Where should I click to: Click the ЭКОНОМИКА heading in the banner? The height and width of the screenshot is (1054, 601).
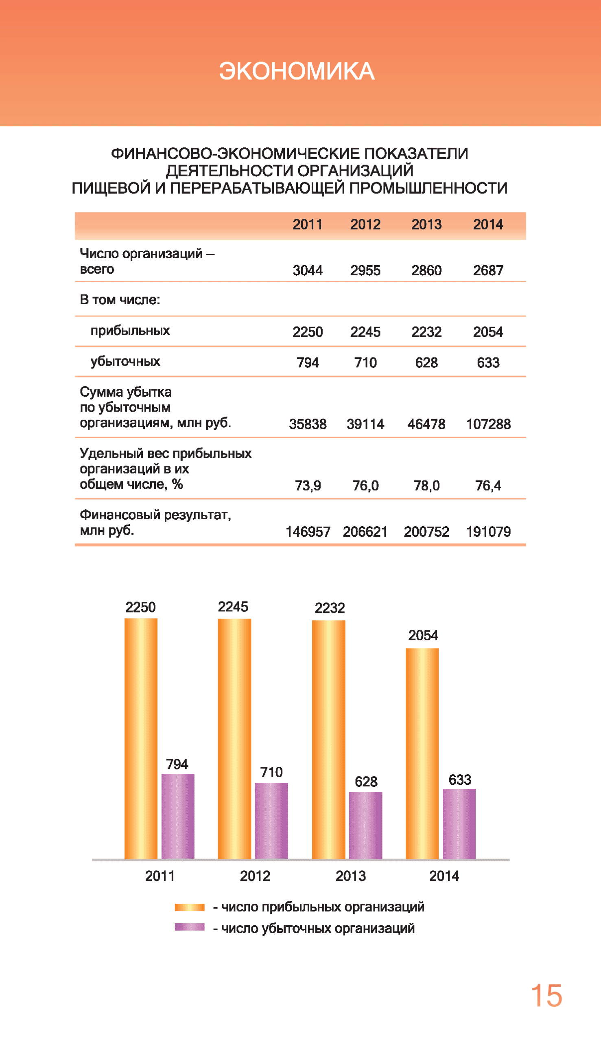tap(296, 71)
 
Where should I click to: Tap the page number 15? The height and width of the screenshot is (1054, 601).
tap(546, 996)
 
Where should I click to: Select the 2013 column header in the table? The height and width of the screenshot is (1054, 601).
tap(426, 224)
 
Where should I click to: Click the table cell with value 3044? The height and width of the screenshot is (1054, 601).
tap(308, 270)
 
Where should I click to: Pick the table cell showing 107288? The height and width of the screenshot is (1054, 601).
tap(488, 424)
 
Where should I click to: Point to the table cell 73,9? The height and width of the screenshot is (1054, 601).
tap(308, 486)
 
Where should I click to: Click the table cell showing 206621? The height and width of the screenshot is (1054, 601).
tap(365, 531)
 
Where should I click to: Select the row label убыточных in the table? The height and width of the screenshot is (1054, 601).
tap(125, 361)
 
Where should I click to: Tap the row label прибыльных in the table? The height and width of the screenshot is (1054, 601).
tap(130, 330)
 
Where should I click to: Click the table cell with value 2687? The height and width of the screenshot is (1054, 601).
tap(488, 270)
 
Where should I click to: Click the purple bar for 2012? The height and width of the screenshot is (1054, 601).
tap(271, 821)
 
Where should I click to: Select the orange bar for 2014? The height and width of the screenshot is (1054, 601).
tap(422, 754)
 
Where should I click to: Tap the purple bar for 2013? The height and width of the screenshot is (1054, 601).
tap(365, 825)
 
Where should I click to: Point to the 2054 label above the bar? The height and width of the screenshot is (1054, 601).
tap(423, 635)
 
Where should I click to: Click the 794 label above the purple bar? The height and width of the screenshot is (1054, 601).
tap(177, 764)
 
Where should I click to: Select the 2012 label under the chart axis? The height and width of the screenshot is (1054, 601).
tap(255, 876)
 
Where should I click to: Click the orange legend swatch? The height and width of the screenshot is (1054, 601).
tap(190, 907)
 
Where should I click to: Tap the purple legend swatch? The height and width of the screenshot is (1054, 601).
tap(190, 927)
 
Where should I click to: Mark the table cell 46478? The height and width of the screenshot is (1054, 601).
tap(426, 424)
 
